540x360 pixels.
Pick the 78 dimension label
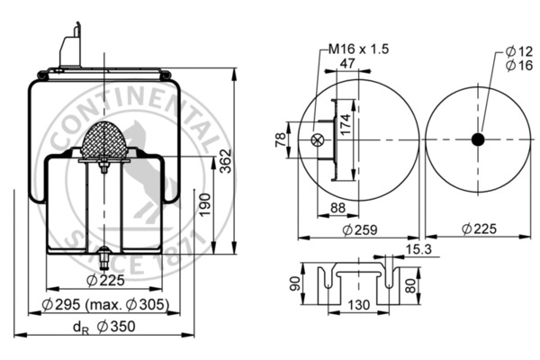pyautogui.click(x=281, y=139)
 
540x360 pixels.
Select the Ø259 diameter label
pyautogui.click(x=358, y=230)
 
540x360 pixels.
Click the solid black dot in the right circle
pyautogui.click(x=477, y=139)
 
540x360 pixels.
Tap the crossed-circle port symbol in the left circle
pyautogui.click(x=316, y=139)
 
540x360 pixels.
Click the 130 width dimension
pyautogui.click(x=357, y=305)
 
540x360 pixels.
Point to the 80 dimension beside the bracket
pyautogui.click(x=411, y=285)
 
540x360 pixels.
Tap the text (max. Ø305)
pyautogui.click(x=134, y=305)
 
